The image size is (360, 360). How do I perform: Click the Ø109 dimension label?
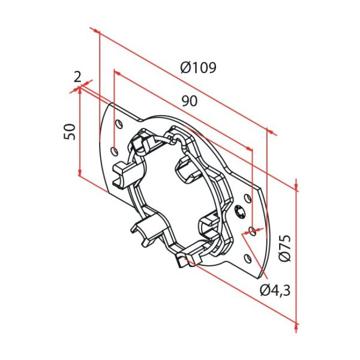(198, 68)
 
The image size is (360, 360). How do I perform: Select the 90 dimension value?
(190, 102)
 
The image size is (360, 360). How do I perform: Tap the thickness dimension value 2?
(77, 76)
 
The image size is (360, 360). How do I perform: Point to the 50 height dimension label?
(70, 131)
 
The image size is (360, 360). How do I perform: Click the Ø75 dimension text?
(285, 249)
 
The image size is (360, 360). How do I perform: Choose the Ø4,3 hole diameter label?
(275, 290)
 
